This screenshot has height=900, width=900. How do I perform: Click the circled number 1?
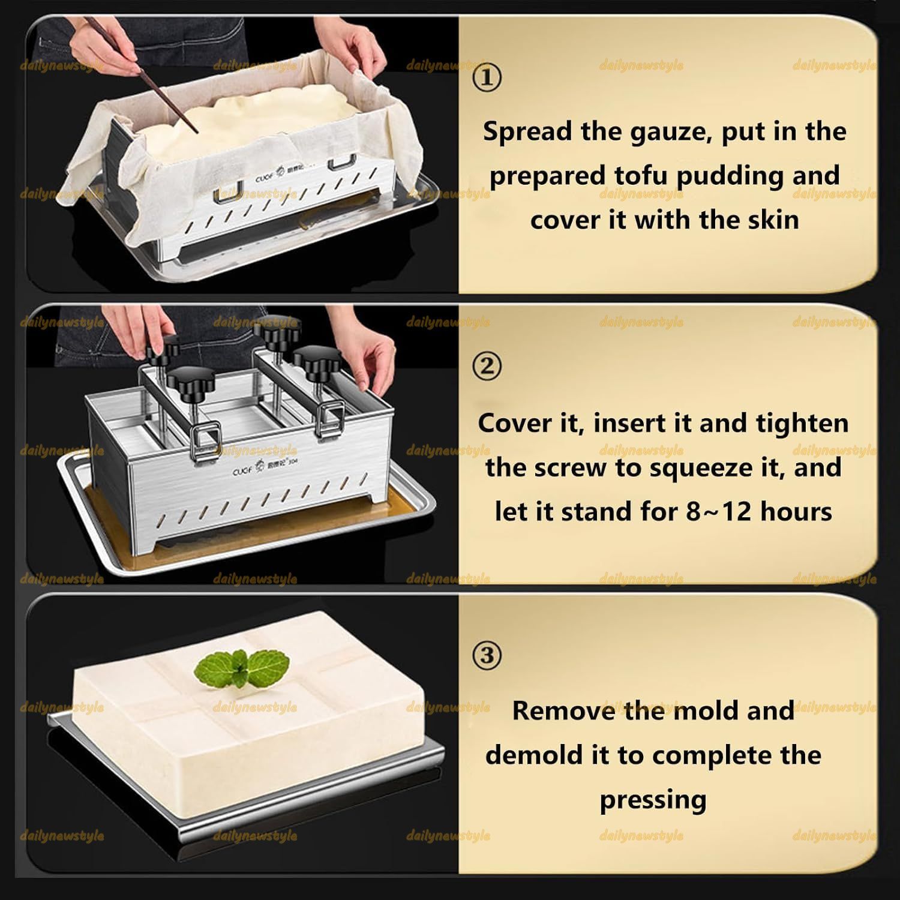(487, 77)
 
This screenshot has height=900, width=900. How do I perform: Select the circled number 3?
(487, 655)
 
